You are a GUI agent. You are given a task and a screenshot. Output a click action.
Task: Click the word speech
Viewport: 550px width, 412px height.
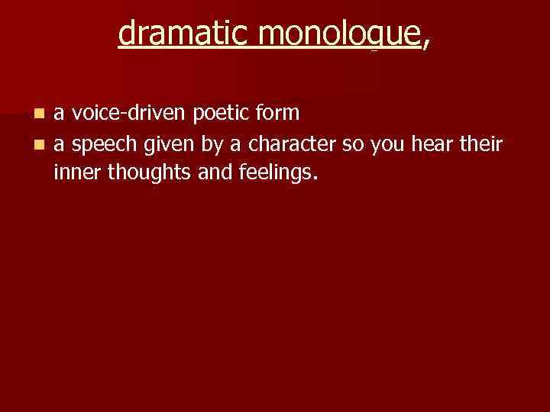[96, 144]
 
